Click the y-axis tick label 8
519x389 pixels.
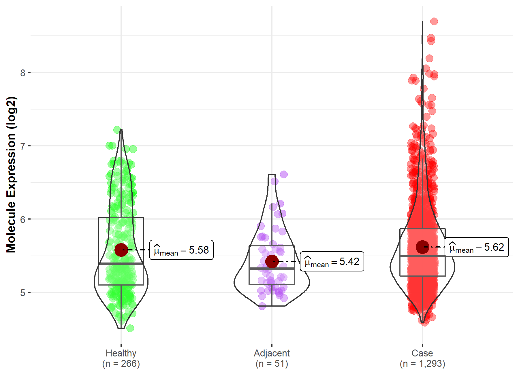click(x=23, y=73)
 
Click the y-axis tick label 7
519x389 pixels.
click(x=23, y=146)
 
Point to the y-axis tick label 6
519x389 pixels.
click(x=23, y=219)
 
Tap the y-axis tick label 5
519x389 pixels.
click(x=23, y=293)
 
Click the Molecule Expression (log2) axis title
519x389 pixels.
click(x=11, y=175)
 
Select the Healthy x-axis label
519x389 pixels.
click(x=121, y=353)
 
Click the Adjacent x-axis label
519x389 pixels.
click(x=272, y=353)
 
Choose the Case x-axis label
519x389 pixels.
click(x=422, y=353)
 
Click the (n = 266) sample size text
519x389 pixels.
click(x=121, y=364)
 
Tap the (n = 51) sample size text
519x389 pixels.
click(x=272, y=364)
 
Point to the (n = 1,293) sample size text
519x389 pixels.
click(x=422, y=364)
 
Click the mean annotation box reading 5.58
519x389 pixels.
click(x=181, y=250)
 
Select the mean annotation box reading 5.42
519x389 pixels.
click(x=332, y=261)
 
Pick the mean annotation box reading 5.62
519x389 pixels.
click(x=477, y=247)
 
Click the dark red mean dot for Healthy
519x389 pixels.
click(x=121, y=250)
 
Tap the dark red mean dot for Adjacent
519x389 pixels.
click(x=272, y=261)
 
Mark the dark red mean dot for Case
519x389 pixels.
click(x=422, y=247)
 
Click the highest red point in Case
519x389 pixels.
click(x=434, y=21)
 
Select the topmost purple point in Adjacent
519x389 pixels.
click(x=284, y=174)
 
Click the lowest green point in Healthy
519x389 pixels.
click(x=130, y=328)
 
